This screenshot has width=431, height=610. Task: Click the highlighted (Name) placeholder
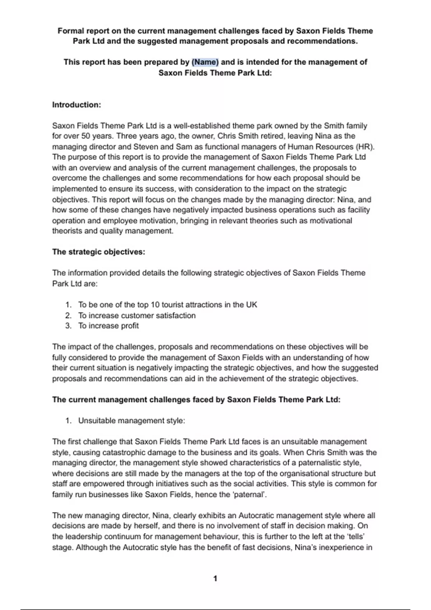click(x=205, y=62)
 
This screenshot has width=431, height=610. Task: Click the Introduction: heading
click(x=77, y=105)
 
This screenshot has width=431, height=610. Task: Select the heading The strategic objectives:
click(x=98, y=252)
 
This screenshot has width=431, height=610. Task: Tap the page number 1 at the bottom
click(x=215, y=578)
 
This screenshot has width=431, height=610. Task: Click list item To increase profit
click(x=108, y=326)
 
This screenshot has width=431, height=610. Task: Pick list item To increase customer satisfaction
click(x=137, y=315)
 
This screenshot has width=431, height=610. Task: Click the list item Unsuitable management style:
click(x=131, y=421)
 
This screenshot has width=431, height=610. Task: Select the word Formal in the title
click(x=71, y=31)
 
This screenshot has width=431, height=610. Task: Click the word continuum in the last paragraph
click(x=118, y=536)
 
